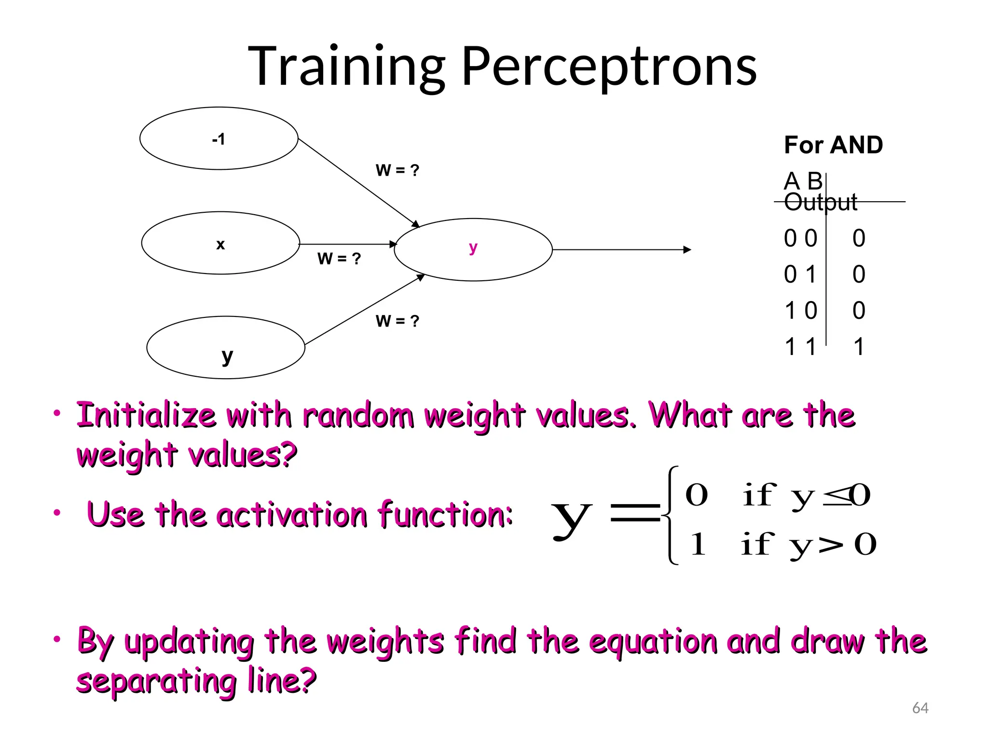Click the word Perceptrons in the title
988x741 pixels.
pos(609,67)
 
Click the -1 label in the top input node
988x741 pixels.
pos(219,139)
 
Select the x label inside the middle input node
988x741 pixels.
pos(220,245)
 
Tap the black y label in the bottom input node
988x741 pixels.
pos(227,357)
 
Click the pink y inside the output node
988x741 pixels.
pos(473,248)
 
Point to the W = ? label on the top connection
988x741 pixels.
pos(397,170)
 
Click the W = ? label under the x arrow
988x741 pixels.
pos(339,259)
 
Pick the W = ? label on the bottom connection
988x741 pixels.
pos(397,321)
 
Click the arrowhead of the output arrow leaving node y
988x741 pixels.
pos(687,249)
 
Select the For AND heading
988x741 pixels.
pos(833,145)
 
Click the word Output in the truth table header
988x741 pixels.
pos(821,202)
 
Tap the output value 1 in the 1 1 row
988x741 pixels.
pos(859,347)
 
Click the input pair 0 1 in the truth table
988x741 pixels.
pos(800,274)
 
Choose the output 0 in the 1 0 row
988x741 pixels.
pos(859,311)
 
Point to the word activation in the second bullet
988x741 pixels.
pos(291,514)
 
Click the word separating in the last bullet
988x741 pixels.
pos(157,681)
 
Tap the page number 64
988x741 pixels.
pos(920,708)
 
